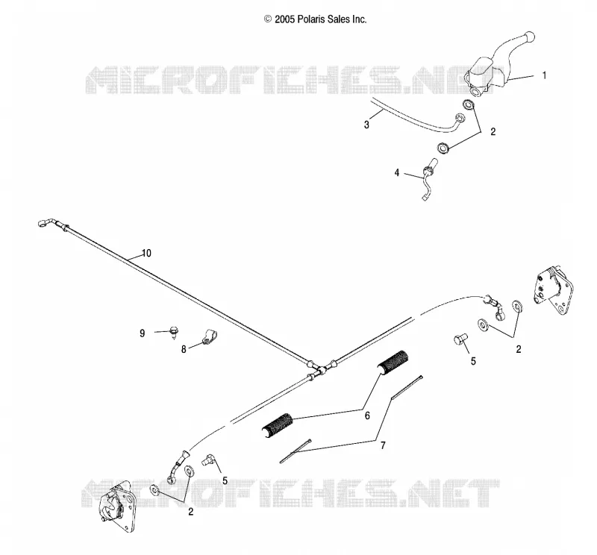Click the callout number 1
pyautogui.click(x=544, y=75)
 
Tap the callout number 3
pyautogui.click(x=366, y=125)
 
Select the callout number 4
pyautogui.click(x=397, y=173)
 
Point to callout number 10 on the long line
pyautogui.click(x=146, y=253)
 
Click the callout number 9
pyautogui.click(x=143, y=333)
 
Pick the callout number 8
pyautogui.click(x=184, y=349)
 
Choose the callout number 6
pyautogui.click(x=367, y=416)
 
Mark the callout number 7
pyautogui.click(x=383, y=445)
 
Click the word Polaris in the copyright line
pyautogui.click(x=311, y=19)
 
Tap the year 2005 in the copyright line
pyautogui.click(x=284, y=19)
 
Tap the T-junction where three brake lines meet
pyautogui.click(x=320, y=369)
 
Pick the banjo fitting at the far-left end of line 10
pyautogui.click(x=45, y=223)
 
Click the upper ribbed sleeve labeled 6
pyautogui.click(x=393, y=362)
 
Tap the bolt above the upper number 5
pyautogui.click(x=460, y=339)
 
